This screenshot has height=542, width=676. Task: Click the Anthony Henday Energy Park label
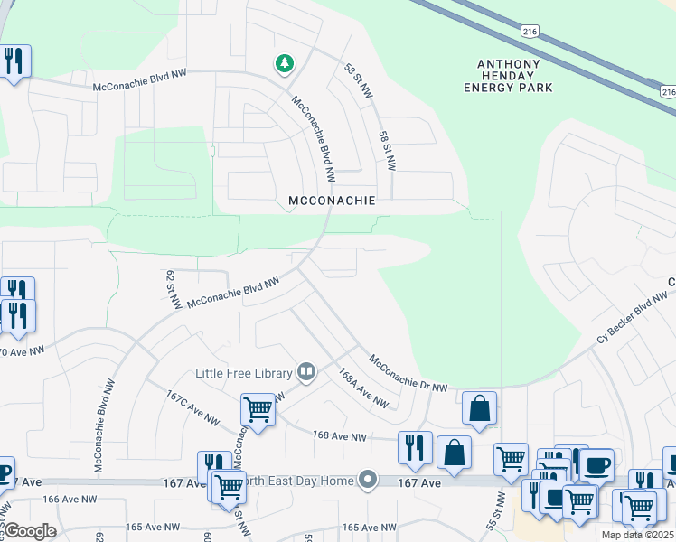click(513, 75)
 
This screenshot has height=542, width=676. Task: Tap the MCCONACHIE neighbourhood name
click(331, 199)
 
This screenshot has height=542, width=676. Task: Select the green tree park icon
click(285, 62)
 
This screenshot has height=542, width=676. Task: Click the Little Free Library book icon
click(306, 372)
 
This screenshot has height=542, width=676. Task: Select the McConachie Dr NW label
click(409, 372)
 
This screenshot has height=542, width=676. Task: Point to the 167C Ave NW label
click(193, 407)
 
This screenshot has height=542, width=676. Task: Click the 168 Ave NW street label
click(339, 437)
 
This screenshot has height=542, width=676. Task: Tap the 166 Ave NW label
click(70, 499)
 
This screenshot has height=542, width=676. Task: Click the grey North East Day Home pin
click(367, 479)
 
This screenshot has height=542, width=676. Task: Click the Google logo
click(30, 531)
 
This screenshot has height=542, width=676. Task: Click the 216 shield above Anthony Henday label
click(530, 31)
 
